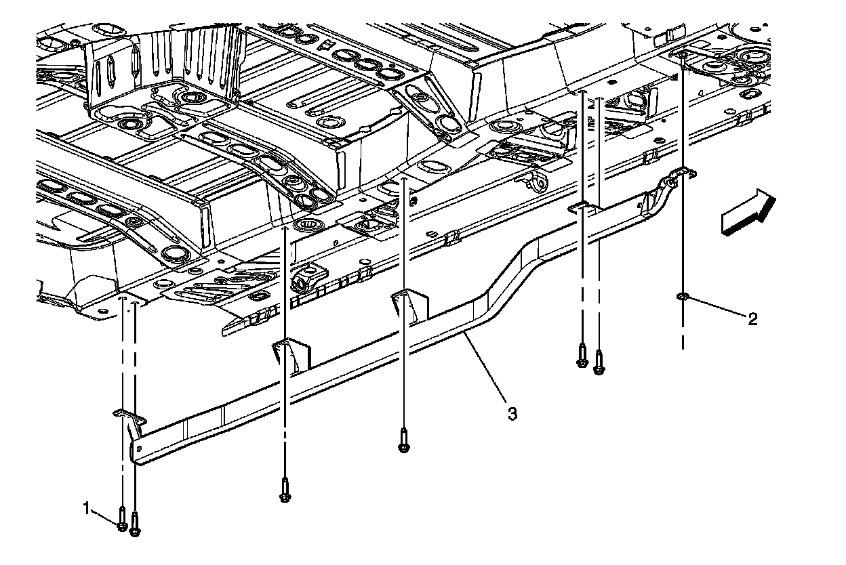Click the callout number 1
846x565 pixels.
[87, 507]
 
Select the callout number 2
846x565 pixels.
[752, 318]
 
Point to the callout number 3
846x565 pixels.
[512, 413]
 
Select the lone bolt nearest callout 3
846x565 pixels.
[405, 442]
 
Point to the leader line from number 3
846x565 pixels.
[484, 366]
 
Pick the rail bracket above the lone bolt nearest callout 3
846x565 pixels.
[409, 304]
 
